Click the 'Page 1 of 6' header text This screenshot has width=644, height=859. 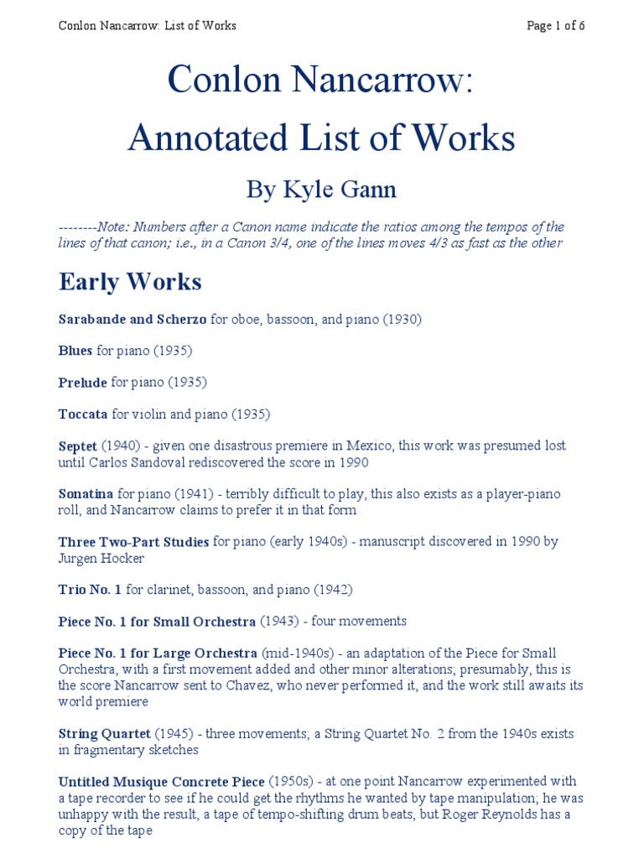pyautogui.click(x=555, y=25)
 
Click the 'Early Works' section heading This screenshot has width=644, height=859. pyautogui.click(x=130, y=282)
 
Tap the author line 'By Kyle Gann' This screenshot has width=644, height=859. pyautogui.click(x=321, y=190)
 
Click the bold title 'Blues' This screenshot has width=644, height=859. pyautogui.click(x=75, y=351)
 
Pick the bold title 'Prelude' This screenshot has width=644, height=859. pyautogui.click(x=82, y=383)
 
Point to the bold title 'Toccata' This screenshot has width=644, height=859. pyautogui.click(x=83, y=414)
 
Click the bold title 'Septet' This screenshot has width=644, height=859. pyautogui.click(x=78, y=445)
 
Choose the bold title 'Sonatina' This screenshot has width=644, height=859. pyautogui.click(x=86, y=494)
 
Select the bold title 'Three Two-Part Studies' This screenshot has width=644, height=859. pyautogui.click(x=133, y=542)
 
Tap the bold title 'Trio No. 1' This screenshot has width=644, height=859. pyautogui.click(x=90, y=590)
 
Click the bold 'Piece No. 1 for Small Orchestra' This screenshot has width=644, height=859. pyautogui.click(x=157, y=622)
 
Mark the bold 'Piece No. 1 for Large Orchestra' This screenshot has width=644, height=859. pyautogui.click(x=157, y=653)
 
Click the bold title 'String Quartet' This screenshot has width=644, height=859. pyautogui.click(x=104, y=734)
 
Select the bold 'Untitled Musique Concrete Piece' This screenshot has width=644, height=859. pyautogui.click(x=162, y=782)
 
